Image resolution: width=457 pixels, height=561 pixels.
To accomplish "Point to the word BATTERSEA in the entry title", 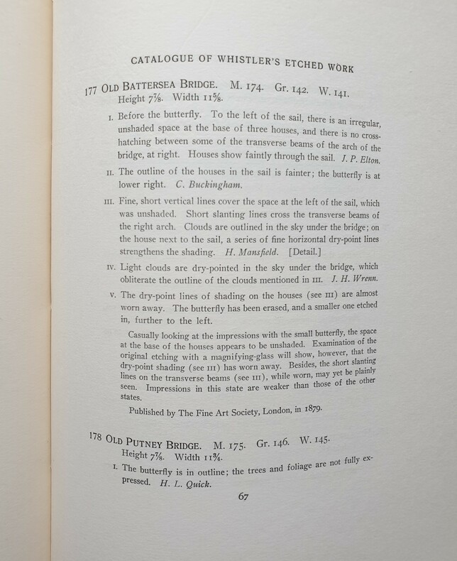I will coord(155,90).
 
